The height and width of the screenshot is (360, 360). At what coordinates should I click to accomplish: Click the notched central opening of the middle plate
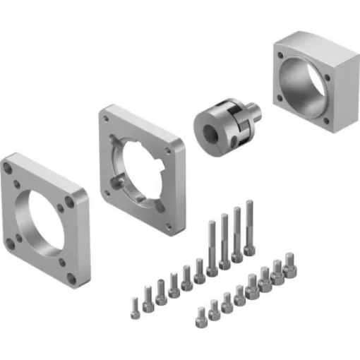[141, 165]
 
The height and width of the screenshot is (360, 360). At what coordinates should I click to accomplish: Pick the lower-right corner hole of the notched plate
[169, 227]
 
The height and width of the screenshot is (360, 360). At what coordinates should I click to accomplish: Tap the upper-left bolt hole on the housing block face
[281, 54]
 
